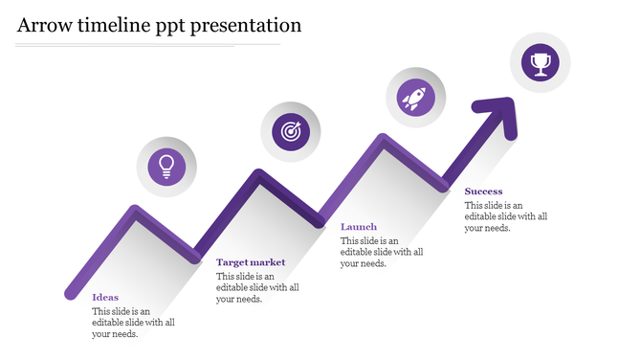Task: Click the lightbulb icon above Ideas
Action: point(167,166)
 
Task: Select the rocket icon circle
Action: point(415,97)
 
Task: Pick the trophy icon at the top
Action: point(541,63)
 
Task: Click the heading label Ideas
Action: point(105,297)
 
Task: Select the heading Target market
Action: point(251,261)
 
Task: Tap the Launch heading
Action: point(359,227)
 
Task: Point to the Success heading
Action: point(483,191)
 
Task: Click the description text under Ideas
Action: point(133,323)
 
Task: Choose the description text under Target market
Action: point(257,287)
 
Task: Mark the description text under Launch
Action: point(382,252)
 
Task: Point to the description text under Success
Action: point(506,216)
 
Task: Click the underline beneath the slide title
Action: point(148,44)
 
